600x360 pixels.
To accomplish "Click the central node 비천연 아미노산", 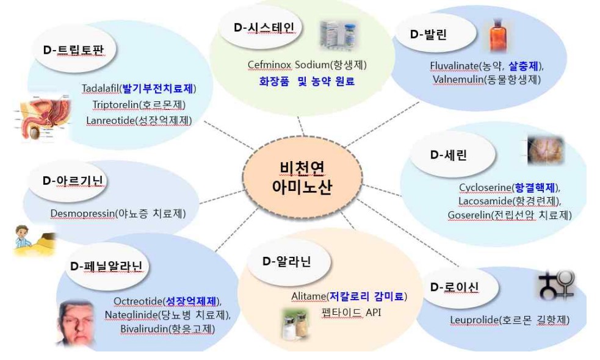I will tap(301, 176).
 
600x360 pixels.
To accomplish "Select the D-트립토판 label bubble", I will tap(79, 51).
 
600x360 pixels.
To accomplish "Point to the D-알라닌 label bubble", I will tap(286, 262).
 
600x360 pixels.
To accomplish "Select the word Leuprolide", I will tap(472, 320).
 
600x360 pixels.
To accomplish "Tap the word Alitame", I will tap(309, 297).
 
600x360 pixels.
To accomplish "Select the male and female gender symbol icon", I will tap(555, 285).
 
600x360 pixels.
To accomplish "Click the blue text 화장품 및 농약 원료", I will tap(307, 81).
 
